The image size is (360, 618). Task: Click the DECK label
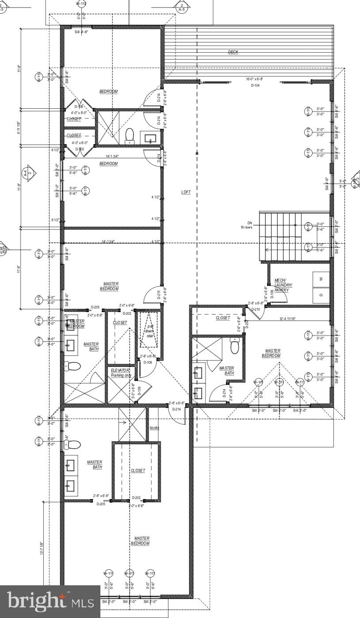(233, 52)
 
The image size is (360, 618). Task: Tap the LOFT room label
(186, 192)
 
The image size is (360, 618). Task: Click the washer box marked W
(321, 279)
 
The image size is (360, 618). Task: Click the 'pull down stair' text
(150, 331)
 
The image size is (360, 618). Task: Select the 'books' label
(154, 428)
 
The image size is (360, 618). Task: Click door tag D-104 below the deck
(255, 85)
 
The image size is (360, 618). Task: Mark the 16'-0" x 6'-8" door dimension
(254, 80)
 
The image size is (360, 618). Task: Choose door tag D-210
(256, 309)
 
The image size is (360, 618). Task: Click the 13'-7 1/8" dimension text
(42, 548)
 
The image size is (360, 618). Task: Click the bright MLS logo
(50, 602)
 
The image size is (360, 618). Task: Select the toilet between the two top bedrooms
(130, 136)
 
